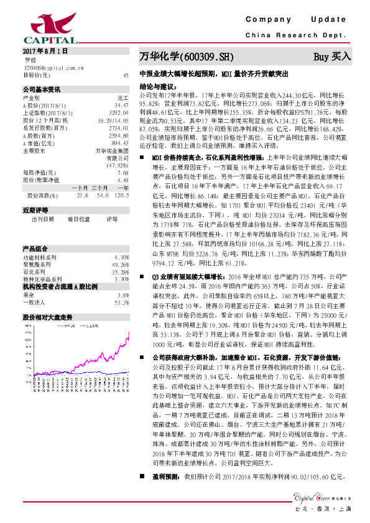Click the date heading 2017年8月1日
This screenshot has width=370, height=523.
pos(44,50)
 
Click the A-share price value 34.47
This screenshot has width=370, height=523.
pos(121,106)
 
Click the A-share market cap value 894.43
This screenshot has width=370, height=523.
pos(119,142)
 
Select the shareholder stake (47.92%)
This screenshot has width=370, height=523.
pos(118,165)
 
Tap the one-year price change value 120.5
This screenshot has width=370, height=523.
pos(121,195)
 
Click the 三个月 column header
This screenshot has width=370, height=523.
pos(99,188)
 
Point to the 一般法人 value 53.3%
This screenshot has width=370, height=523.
pos(121,285)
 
